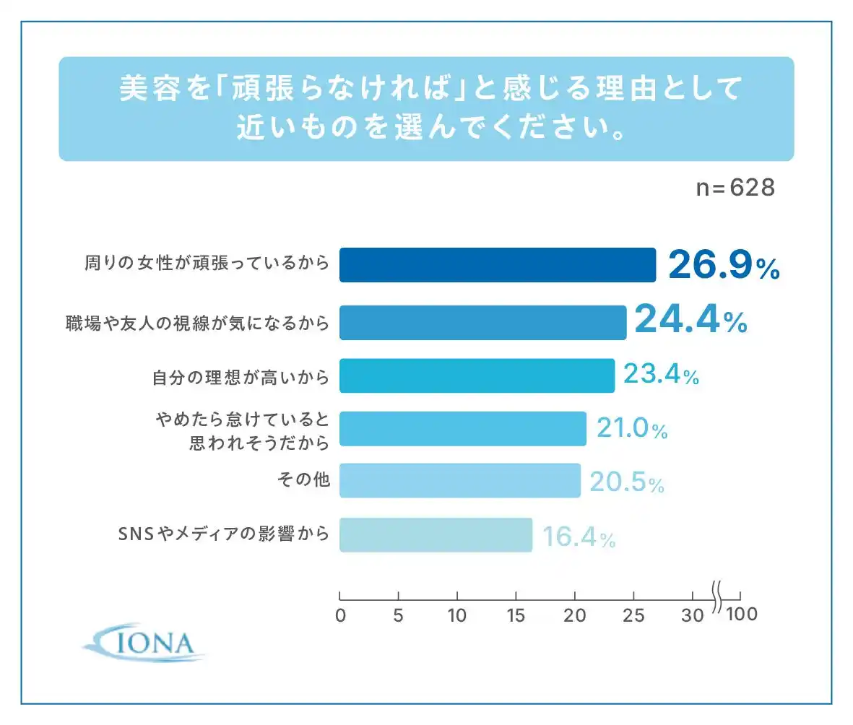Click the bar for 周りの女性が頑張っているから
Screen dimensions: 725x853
point(497,265)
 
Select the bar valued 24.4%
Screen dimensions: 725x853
point(482,322)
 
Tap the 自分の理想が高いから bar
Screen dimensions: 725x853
point(477,375)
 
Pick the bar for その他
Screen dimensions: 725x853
point(459,480)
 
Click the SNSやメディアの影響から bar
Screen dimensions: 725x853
point(436,535)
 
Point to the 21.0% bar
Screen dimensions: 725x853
point(462,429)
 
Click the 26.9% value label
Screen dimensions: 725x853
point(723,266)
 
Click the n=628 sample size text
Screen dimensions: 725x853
point(735,188)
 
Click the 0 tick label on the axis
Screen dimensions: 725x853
point(340,616)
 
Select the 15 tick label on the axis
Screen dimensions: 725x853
point(516,616)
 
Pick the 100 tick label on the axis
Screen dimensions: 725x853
point(742,615)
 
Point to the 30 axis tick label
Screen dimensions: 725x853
point(692,616)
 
